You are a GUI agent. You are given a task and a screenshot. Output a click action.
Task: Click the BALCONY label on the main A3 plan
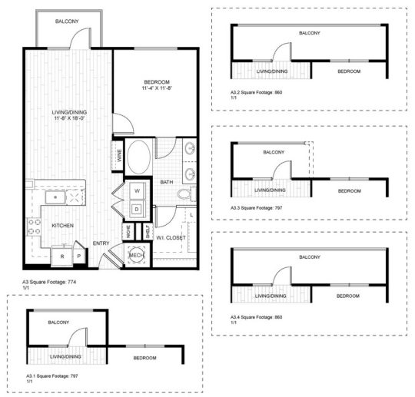point(66,22)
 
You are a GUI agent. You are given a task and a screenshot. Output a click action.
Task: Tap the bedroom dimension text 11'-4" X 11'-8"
point(156,89)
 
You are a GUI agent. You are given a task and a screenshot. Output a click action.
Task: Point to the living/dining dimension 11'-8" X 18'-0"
point(68,118)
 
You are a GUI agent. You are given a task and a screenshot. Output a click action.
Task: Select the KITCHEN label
point(62,226)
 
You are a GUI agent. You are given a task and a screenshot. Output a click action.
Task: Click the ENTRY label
point(101,243)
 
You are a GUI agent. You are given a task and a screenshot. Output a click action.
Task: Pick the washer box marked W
point(137,190)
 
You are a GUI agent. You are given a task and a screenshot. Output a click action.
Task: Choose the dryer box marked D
point(137,208)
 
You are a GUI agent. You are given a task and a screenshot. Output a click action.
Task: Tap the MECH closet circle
point(137,256)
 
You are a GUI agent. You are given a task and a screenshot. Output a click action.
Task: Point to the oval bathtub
point(140,157)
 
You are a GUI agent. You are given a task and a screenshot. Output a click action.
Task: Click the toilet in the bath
point(184,197)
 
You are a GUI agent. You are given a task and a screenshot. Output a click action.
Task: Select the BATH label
point(167,182)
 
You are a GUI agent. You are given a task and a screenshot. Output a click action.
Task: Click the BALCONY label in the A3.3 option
point(274,152)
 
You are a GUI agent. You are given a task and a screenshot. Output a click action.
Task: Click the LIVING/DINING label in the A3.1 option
point(66,358)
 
